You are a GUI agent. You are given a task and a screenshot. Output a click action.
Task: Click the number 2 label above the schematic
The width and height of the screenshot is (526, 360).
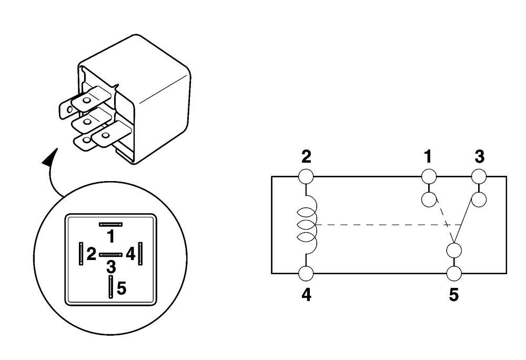click(306, 157)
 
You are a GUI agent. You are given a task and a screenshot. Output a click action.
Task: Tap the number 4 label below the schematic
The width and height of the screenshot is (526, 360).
click(306, 295)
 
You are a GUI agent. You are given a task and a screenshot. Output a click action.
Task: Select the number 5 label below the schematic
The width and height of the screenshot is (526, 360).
click(453, 295)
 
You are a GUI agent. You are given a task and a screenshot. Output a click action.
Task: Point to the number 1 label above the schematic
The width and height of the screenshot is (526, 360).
click(428, 157)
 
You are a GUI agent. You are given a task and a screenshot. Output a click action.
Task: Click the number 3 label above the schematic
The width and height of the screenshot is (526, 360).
click(480, 157)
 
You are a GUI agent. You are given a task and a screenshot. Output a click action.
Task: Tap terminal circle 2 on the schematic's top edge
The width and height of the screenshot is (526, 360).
click(306, 176)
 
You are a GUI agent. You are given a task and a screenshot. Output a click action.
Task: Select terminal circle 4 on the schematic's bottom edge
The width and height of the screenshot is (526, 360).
click(306, 274)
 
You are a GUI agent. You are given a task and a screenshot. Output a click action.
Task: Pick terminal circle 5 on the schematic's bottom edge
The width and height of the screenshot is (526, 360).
click(454, 274)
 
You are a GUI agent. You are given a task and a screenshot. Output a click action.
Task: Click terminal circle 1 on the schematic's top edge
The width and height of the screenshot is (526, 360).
click(429, 176)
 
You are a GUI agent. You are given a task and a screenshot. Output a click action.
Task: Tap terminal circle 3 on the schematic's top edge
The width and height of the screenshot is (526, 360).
click(479, 176)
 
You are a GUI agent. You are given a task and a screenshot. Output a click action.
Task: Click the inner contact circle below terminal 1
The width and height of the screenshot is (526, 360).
click(429, 199)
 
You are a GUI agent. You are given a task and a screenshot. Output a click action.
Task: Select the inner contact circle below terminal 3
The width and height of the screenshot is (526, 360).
click(479, 199)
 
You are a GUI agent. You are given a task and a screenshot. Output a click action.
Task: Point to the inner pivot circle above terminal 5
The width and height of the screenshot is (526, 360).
click(454, 251)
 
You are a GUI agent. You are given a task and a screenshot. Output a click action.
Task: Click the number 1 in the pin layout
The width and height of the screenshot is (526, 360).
click(110, 236)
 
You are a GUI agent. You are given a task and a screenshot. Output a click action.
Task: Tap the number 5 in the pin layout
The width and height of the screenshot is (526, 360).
click(122, 288)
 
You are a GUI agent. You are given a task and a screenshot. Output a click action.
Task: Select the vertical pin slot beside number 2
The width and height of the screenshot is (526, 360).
click(81, 254)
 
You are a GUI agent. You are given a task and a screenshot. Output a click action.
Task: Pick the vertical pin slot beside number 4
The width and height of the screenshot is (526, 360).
click(140, 254)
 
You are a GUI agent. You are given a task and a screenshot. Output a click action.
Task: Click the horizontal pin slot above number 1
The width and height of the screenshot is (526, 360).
click(110, 224)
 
